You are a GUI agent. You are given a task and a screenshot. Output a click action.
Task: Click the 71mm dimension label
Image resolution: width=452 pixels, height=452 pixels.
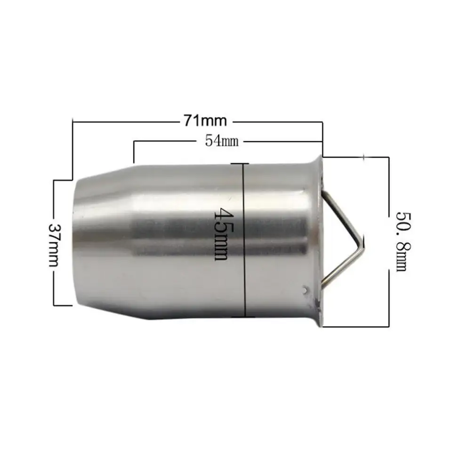pyautogui.click(x=206, y=121)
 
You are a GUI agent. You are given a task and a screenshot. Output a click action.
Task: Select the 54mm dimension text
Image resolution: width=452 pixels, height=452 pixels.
pyautogui.click(x=222, y=141)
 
